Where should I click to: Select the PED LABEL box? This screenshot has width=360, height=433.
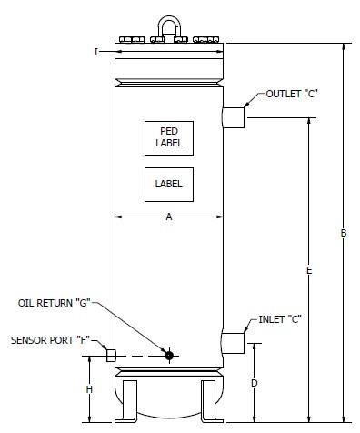tap(169, 138)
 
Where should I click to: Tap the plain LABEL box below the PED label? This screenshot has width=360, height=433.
tap(169, 185)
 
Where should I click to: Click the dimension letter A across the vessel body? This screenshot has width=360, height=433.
tap(169, 216)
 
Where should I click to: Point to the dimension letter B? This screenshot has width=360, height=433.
tap(344, 233)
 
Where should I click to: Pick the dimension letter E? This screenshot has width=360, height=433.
tap(309, 270)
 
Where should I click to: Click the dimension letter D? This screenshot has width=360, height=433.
tap(255, 383)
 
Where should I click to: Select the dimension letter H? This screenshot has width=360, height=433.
tap(89, 389)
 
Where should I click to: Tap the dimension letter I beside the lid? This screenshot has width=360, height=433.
tap(96, 52)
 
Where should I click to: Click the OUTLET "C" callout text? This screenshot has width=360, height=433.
tap(292, 94)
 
